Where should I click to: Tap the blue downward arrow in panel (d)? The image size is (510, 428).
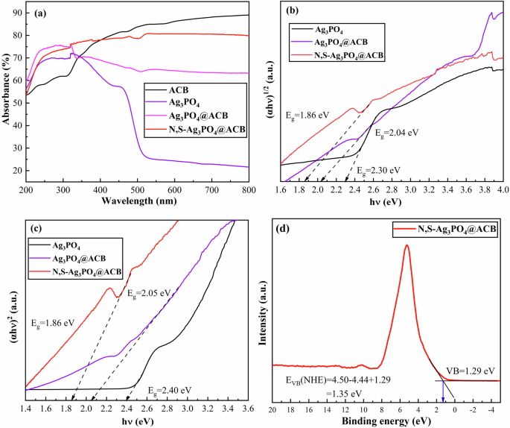tap(444, 391)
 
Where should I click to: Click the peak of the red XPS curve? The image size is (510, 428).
tap(407, 245)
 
